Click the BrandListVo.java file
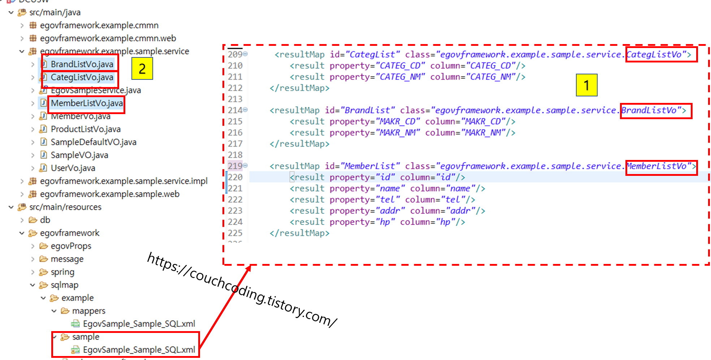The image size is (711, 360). click(x=82, y=64)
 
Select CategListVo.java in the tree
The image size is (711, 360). click(x=82, y=77)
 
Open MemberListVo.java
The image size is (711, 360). click(x=87, y=103)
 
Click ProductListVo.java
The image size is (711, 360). click(x=86, y=129)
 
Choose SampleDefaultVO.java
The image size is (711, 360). click(x=93, y=142)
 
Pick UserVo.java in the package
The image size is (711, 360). click(x=73, y=168)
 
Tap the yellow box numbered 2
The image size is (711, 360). click(x=142, y=68)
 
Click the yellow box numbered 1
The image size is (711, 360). click(x=586, y=85)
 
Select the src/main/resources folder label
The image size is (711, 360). click(x=65, y=207)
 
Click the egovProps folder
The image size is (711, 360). click(x=71, y=246)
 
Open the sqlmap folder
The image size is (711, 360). click(x=64, y=285)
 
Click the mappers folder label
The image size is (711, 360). click(x=88, y=311)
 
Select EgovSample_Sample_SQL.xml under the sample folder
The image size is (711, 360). click(x=139, y=350)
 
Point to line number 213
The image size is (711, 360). click(x=235, y=99)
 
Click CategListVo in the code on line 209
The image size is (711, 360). click(x=654, y=55)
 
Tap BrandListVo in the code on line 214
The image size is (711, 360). click(x=649, y=110)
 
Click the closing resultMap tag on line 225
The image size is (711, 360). click(x=299, y=233)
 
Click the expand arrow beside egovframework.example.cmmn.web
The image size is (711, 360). click(x=22, y=38)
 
